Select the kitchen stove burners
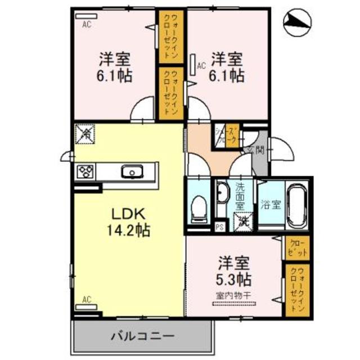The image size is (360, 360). tap(85, 171)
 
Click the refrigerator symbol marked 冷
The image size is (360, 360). tap(85, 134)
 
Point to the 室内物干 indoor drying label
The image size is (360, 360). tap(232, 296)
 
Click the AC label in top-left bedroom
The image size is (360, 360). tap(87, 24)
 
